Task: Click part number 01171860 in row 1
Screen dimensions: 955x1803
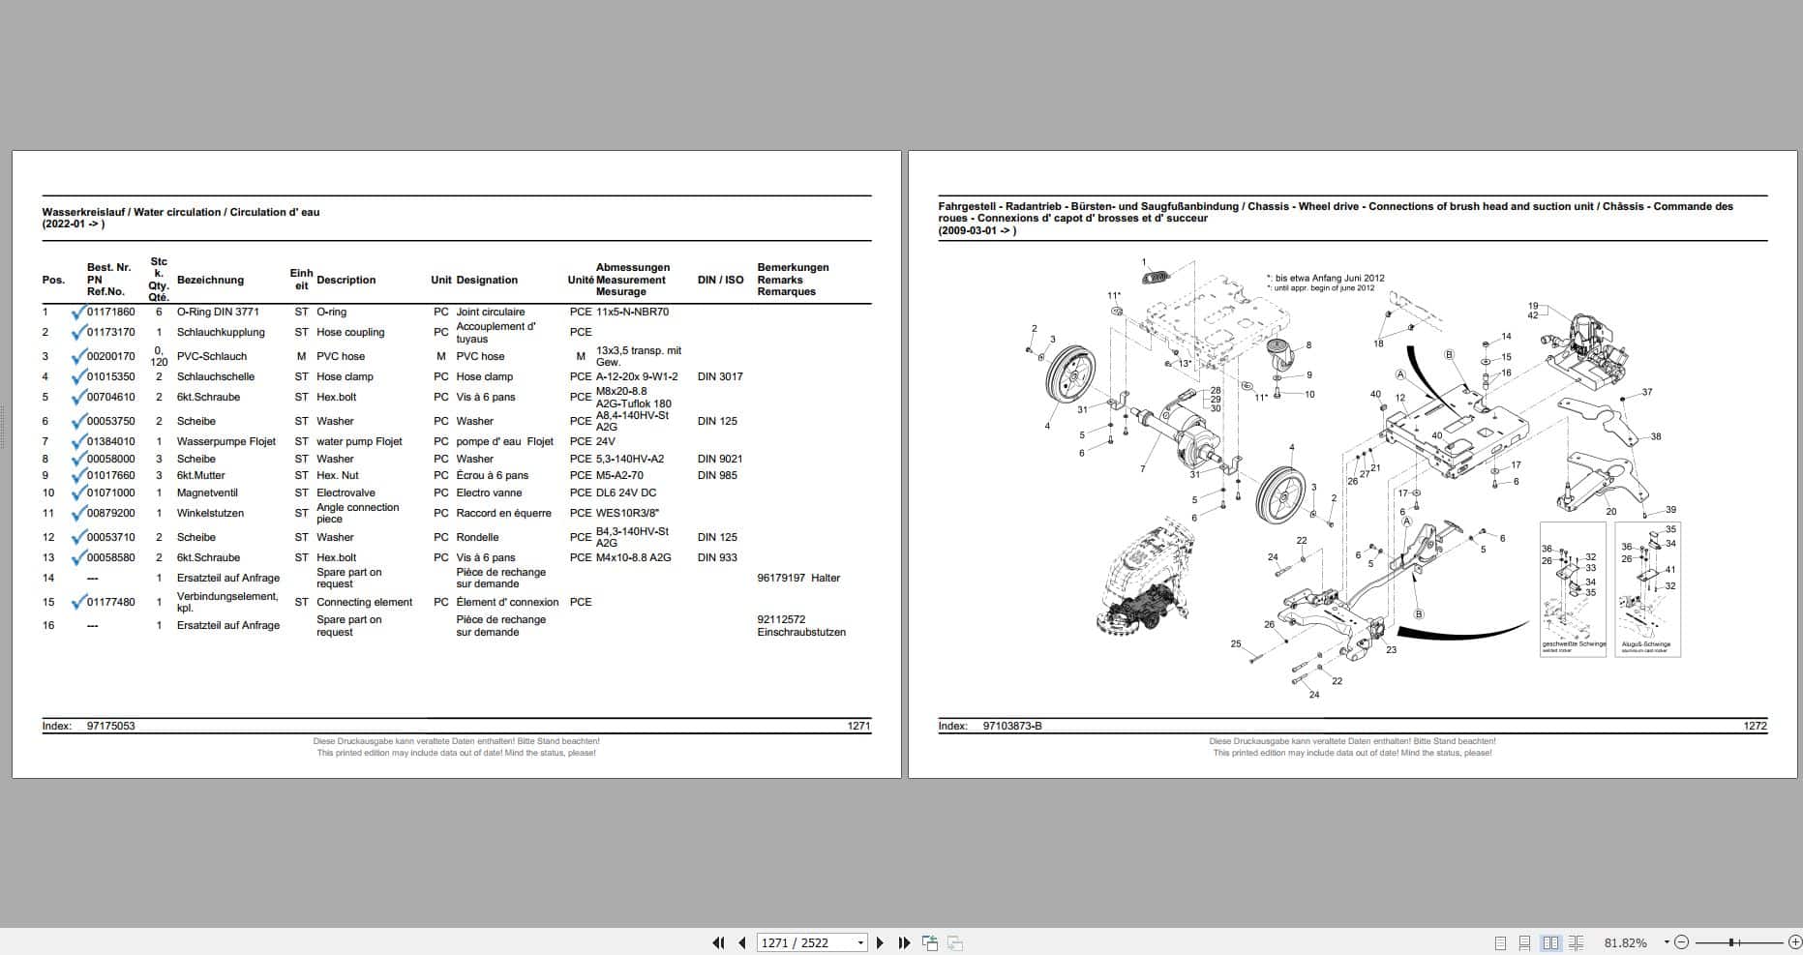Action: click(110, 312)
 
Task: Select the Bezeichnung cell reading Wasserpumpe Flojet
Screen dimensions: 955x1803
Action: click(225, 441)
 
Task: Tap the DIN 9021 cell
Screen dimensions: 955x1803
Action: click(720, 459)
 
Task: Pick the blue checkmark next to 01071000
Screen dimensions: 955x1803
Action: click(78, 492)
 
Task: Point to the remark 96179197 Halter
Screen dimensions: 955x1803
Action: click(797, 578)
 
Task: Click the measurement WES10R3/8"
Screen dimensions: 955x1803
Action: click(627, 513)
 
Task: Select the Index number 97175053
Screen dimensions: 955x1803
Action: click(110, 726)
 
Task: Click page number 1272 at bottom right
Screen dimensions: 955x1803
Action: click(1755, 726)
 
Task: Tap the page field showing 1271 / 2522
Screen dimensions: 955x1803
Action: click(804, 942)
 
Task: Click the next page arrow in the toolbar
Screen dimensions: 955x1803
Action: click(880, 942)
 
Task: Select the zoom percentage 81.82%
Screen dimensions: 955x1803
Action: click(1625, 942)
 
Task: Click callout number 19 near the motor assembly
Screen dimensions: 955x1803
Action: click(1533, 307)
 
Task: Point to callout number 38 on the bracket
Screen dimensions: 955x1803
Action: click(1656, 436)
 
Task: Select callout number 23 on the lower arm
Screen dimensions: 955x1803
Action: click(1391, 649)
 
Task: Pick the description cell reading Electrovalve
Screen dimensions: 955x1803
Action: click(346, 492)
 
